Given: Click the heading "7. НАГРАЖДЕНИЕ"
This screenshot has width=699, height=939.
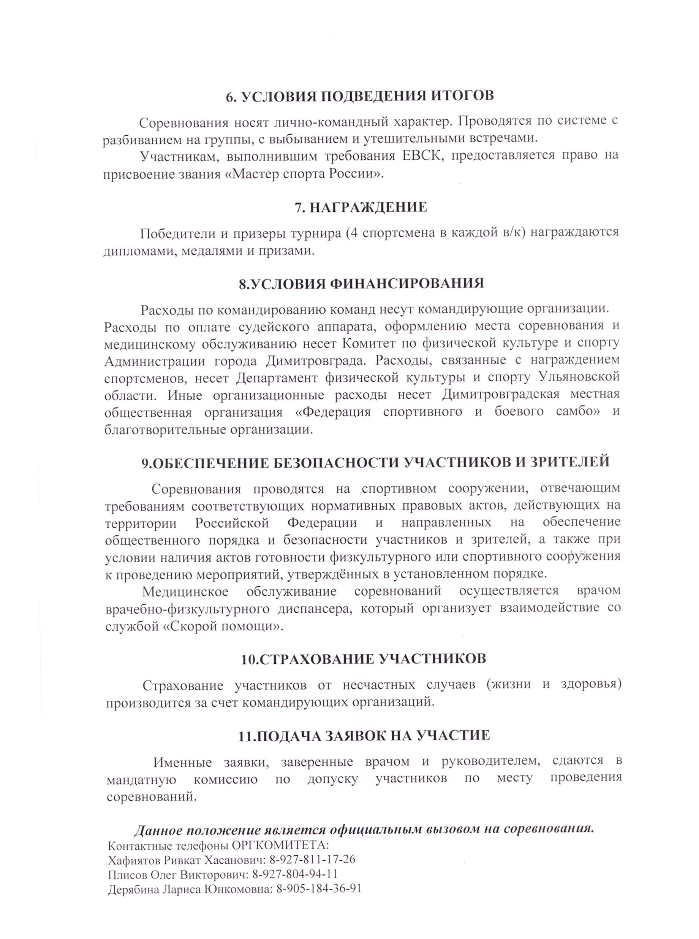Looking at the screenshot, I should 361,208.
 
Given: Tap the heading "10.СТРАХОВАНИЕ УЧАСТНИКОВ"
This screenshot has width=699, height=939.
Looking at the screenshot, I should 364,659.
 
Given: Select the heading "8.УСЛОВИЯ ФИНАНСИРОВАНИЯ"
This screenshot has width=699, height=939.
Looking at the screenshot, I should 361,283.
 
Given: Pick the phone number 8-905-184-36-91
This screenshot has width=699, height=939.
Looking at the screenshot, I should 319,888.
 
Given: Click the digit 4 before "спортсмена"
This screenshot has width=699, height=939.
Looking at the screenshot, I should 352,233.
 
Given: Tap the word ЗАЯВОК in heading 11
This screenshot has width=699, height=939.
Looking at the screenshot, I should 354,735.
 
